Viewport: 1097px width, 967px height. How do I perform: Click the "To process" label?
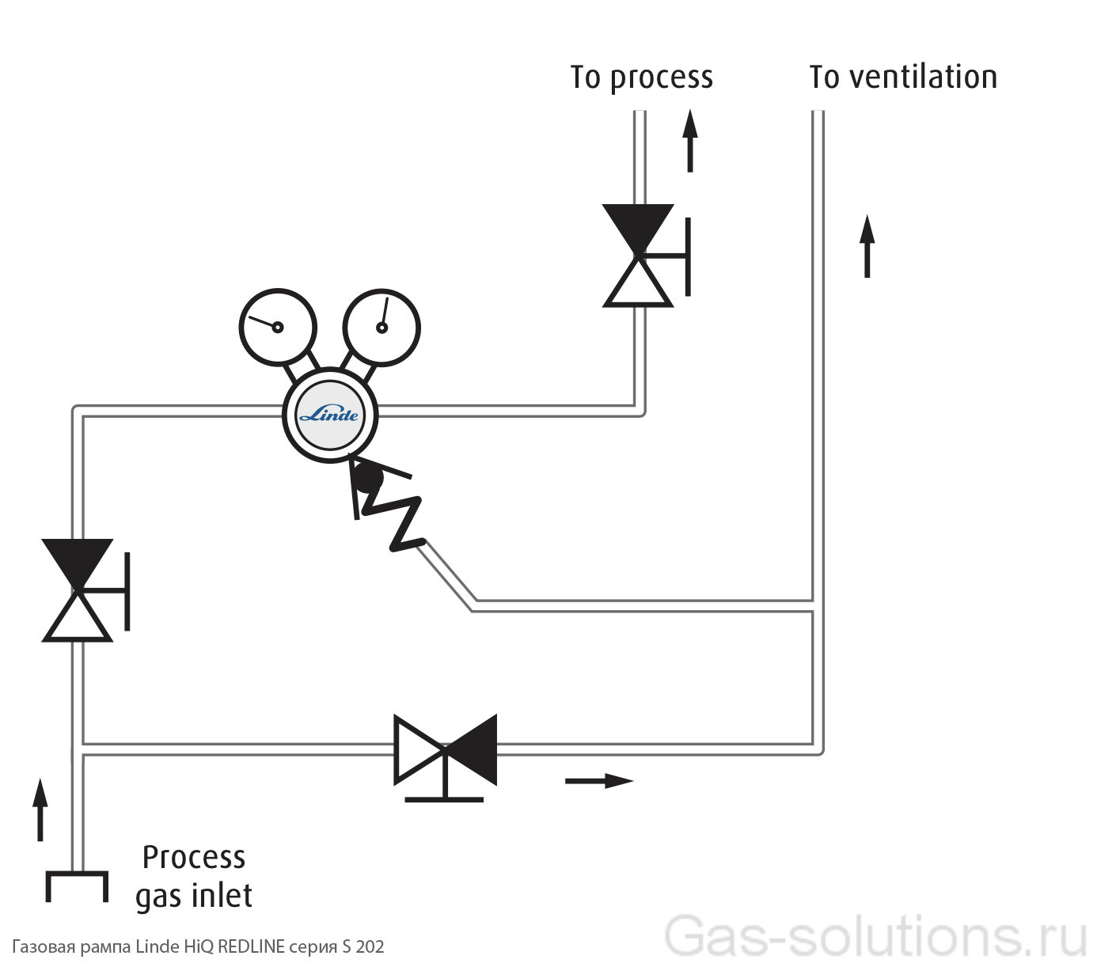pos(641,78)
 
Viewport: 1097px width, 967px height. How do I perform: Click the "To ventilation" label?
pos(902,78)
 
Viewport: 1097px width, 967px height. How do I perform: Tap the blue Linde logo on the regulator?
pos(329,415)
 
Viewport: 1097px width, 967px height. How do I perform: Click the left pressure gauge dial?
pos(278,327)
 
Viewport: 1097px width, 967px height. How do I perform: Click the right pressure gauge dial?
pos(381,327)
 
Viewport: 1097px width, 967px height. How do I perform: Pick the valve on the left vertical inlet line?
pos(78,590)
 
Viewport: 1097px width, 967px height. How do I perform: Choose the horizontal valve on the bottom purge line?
pos(446,750)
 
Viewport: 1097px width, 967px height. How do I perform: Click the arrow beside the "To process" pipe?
pos(690,141)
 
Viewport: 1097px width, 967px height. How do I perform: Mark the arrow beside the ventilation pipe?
pos(867,245)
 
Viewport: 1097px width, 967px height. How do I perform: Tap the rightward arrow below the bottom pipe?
pos(599,781)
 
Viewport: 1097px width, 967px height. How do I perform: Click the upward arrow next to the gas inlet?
pos(40,809)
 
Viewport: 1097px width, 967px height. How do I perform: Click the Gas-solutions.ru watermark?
pos(875,936)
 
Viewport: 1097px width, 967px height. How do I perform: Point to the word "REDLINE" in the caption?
pos(251,946)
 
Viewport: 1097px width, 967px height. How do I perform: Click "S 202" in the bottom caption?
pos(363,946)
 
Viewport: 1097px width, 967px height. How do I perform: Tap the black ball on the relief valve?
pos(367,477)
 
